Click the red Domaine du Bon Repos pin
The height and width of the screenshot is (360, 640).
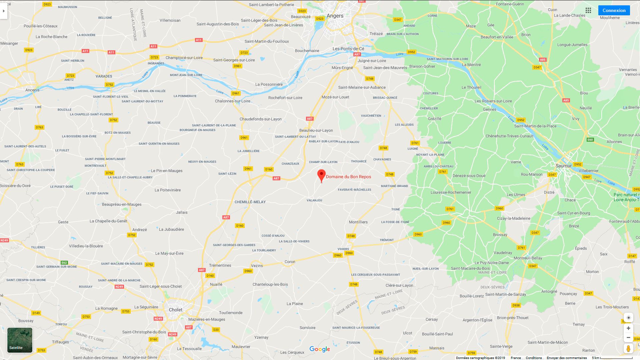coord(321,175)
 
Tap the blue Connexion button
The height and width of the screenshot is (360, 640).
coord(614,10)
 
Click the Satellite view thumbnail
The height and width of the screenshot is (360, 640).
coord(20,340)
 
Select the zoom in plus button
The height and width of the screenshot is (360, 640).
coord(628,328)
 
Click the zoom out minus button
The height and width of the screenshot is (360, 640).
coord(628,337)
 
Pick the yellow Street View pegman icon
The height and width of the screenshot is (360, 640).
coord(628,349)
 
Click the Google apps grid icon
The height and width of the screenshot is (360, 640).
coord(588,10)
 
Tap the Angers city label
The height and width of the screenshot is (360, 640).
coord(335,16)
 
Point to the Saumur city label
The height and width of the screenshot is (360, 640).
coord(564,166)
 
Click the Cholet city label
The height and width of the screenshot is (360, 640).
coord(176,310)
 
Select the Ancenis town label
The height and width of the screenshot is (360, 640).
coord(32,90)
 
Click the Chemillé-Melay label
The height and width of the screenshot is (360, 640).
coord(250,202)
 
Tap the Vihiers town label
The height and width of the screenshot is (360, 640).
coord(343,249)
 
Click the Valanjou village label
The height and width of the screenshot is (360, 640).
coord(314,200)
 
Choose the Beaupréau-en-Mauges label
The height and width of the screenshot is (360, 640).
coord(122,204)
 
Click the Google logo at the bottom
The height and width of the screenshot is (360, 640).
coord(320,349)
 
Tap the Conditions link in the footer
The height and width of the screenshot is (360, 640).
coord(534,358)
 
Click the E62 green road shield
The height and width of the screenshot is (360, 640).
coord(64,263)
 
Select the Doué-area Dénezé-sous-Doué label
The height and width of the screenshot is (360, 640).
coord(469,176)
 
